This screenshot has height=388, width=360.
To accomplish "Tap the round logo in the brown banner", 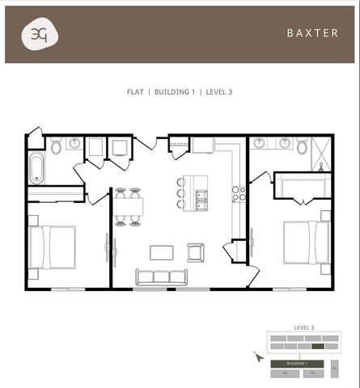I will [39, 35].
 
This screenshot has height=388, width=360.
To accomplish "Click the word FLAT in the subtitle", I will [135, 92].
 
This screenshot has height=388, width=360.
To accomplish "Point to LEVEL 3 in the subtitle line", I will [218, 92].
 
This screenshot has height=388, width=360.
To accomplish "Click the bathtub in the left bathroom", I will [36, 169].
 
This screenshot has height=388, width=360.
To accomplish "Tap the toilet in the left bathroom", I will [56, 146].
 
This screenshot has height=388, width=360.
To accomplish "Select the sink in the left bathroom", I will [75, 144].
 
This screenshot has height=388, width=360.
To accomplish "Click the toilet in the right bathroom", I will [302, 146].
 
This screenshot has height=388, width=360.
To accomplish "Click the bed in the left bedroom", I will [53, 246].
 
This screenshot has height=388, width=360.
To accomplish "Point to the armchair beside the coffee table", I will [195, 252].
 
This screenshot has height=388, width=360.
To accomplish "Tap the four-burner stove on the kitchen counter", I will [239, 194].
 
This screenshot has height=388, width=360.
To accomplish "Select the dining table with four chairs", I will [128, 206].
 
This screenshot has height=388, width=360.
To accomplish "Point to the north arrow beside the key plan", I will [258, 356].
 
